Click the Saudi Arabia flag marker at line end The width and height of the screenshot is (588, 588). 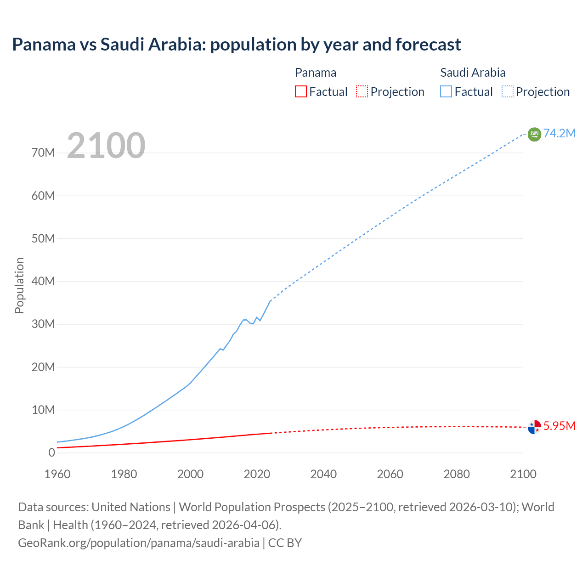[534, 134]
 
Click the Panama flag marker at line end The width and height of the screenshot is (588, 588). [534, 427]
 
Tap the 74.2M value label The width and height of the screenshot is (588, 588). [559, 133]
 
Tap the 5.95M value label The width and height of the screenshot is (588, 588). [559, 426]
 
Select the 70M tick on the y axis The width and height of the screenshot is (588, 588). [43, 153]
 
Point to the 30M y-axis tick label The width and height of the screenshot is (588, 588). [43, 324]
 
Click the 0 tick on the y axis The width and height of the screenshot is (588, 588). [51, 452]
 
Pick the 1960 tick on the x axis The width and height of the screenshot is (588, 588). [57, 474]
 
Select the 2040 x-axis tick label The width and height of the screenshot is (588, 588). [323, 474]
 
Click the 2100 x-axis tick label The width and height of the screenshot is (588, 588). [523, 474]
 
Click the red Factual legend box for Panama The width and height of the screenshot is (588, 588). [301, 91]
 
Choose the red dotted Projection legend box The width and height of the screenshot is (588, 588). [362, 91]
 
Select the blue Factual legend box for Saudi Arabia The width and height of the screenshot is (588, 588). [446, 91]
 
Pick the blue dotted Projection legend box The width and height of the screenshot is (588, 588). [507, 91]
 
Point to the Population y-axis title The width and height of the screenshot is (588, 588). [19, 285]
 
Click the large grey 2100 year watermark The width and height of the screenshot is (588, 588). [106, 146]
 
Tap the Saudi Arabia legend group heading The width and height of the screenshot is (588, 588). [473, 73]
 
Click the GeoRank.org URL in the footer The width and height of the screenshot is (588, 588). [139, 543]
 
